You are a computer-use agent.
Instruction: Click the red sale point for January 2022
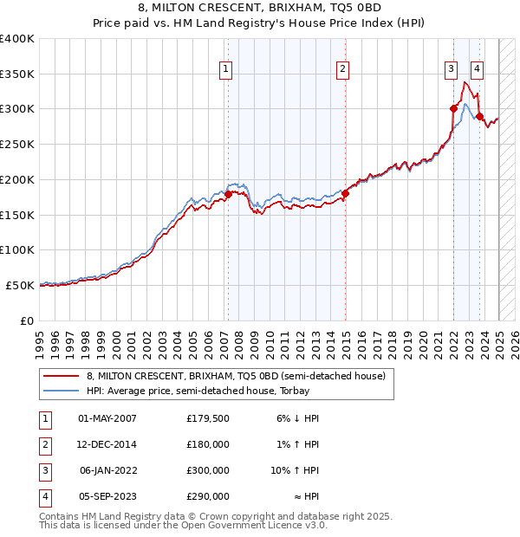(x=453, y=108)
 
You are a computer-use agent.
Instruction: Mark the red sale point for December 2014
(x=345, y=193)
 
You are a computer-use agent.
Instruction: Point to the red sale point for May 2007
(x=228, y=194)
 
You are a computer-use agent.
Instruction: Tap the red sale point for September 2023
(x=479, y=115)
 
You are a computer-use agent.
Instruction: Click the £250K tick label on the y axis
(x=17, y=144)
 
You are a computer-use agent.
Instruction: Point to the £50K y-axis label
(x=20, y=284)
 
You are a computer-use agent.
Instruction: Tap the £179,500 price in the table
(x=207, y=418)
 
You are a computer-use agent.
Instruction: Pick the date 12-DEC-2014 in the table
(x=107, y=444)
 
